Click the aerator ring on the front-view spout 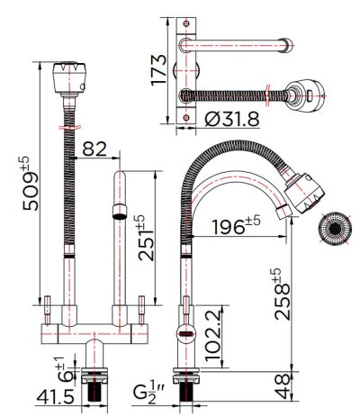click(x=118, y=213)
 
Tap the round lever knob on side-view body click(x=184, y=335)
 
